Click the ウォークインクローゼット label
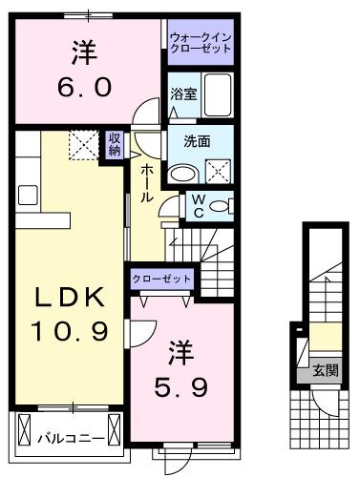click(199, 43)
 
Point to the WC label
click(197, 205)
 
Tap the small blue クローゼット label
click(162, 280)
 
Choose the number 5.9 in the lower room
click(180, 388)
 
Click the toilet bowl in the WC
click(219, 205)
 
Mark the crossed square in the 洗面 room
click(219, 173)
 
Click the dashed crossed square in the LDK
click(82, 146)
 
